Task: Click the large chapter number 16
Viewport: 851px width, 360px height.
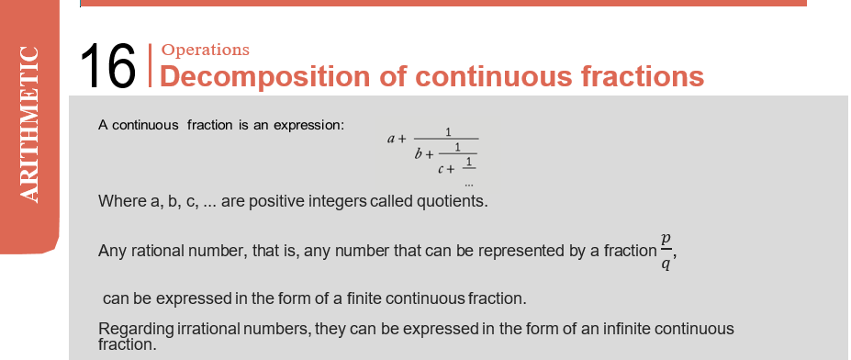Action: click(x=107, y=66)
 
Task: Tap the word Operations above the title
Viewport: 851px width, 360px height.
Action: click(x=206, y=50)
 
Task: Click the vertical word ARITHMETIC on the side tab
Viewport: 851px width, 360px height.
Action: click(x=28, y=124)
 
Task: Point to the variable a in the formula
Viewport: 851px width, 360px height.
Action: click(x=391, y=139)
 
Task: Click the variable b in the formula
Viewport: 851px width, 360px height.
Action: click(x=419, y=153)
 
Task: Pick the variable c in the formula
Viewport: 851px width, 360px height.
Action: click(x=442, y=169)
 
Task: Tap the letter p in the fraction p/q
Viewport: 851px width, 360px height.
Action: click(x=666, y=240)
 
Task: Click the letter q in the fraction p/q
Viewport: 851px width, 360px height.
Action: click(x=666, y=264)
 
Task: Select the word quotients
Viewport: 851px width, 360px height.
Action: click(x=452, y=201)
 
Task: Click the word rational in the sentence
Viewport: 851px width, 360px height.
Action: click(x=157, y=251)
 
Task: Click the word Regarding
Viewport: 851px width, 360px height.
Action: click(x=136, y=330)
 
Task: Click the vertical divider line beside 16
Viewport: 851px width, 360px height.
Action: click(x=151, y=65)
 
